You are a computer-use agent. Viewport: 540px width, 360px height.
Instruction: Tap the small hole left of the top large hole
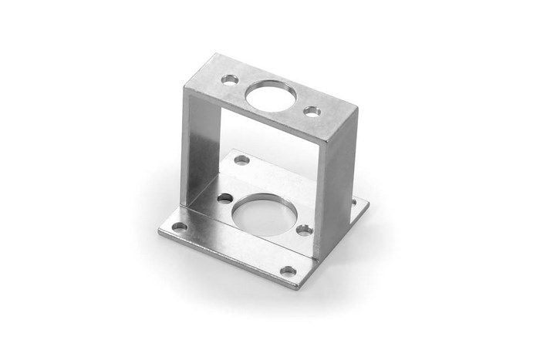230,79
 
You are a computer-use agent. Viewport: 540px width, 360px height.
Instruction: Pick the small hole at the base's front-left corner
179,228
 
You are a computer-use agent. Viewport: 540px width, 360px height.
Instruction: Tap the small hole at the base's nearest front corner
288,271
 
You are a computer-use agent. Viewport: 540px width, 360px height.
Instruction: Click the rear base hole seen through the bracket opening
241,161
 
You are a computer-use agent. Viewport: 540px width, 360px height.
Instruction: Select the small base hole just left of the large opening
224,199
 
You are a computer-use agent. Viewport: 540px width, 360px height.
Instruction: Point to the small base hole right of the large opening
304,230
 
